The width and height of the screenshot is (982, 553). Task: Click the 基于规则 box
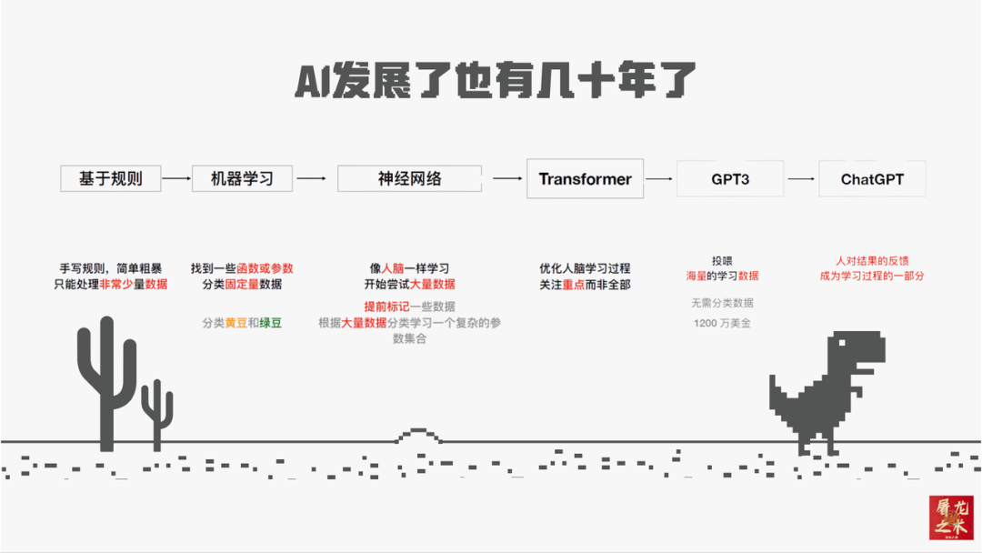[x=110, y=178]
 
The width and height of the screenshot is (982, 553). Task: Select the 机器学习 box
[x=242, y=178]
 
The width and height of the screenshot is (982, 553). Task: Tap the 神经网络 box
[x=409, y=178]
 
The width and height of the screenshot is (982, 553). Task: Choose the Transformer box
[x=585, y=178]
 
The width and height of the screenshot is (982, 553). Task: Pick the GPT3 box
[x=730, y=179]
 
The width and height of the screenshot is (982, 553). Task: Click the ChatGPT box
[x=872, y=179]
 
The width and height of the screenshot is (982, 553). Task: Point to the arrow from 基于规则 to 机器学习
[x=177, y=178]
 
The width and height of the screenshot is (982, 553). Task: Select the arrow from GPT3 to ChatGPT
[x=800, y=179]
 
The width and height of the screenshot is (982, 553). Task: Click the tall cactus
[x=106, y=382]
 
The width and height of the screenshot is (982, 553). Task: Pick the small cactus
[x=157, y=414]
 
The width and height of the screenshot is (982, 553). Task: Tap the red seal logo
[x=950, y=518]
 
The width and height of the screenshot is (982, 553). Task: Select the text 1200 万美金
[x=722, y=323]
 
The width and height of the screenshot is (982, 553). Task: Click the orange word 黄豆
[x=235, y=323]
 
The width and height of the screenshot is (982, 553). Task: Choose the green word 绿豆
[x=270, y=323]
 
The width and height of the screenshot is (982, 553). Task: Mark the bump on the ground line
[x=419, y=436]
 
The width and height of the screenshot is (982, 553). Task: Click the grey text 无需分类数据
[x=722, y=303]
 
